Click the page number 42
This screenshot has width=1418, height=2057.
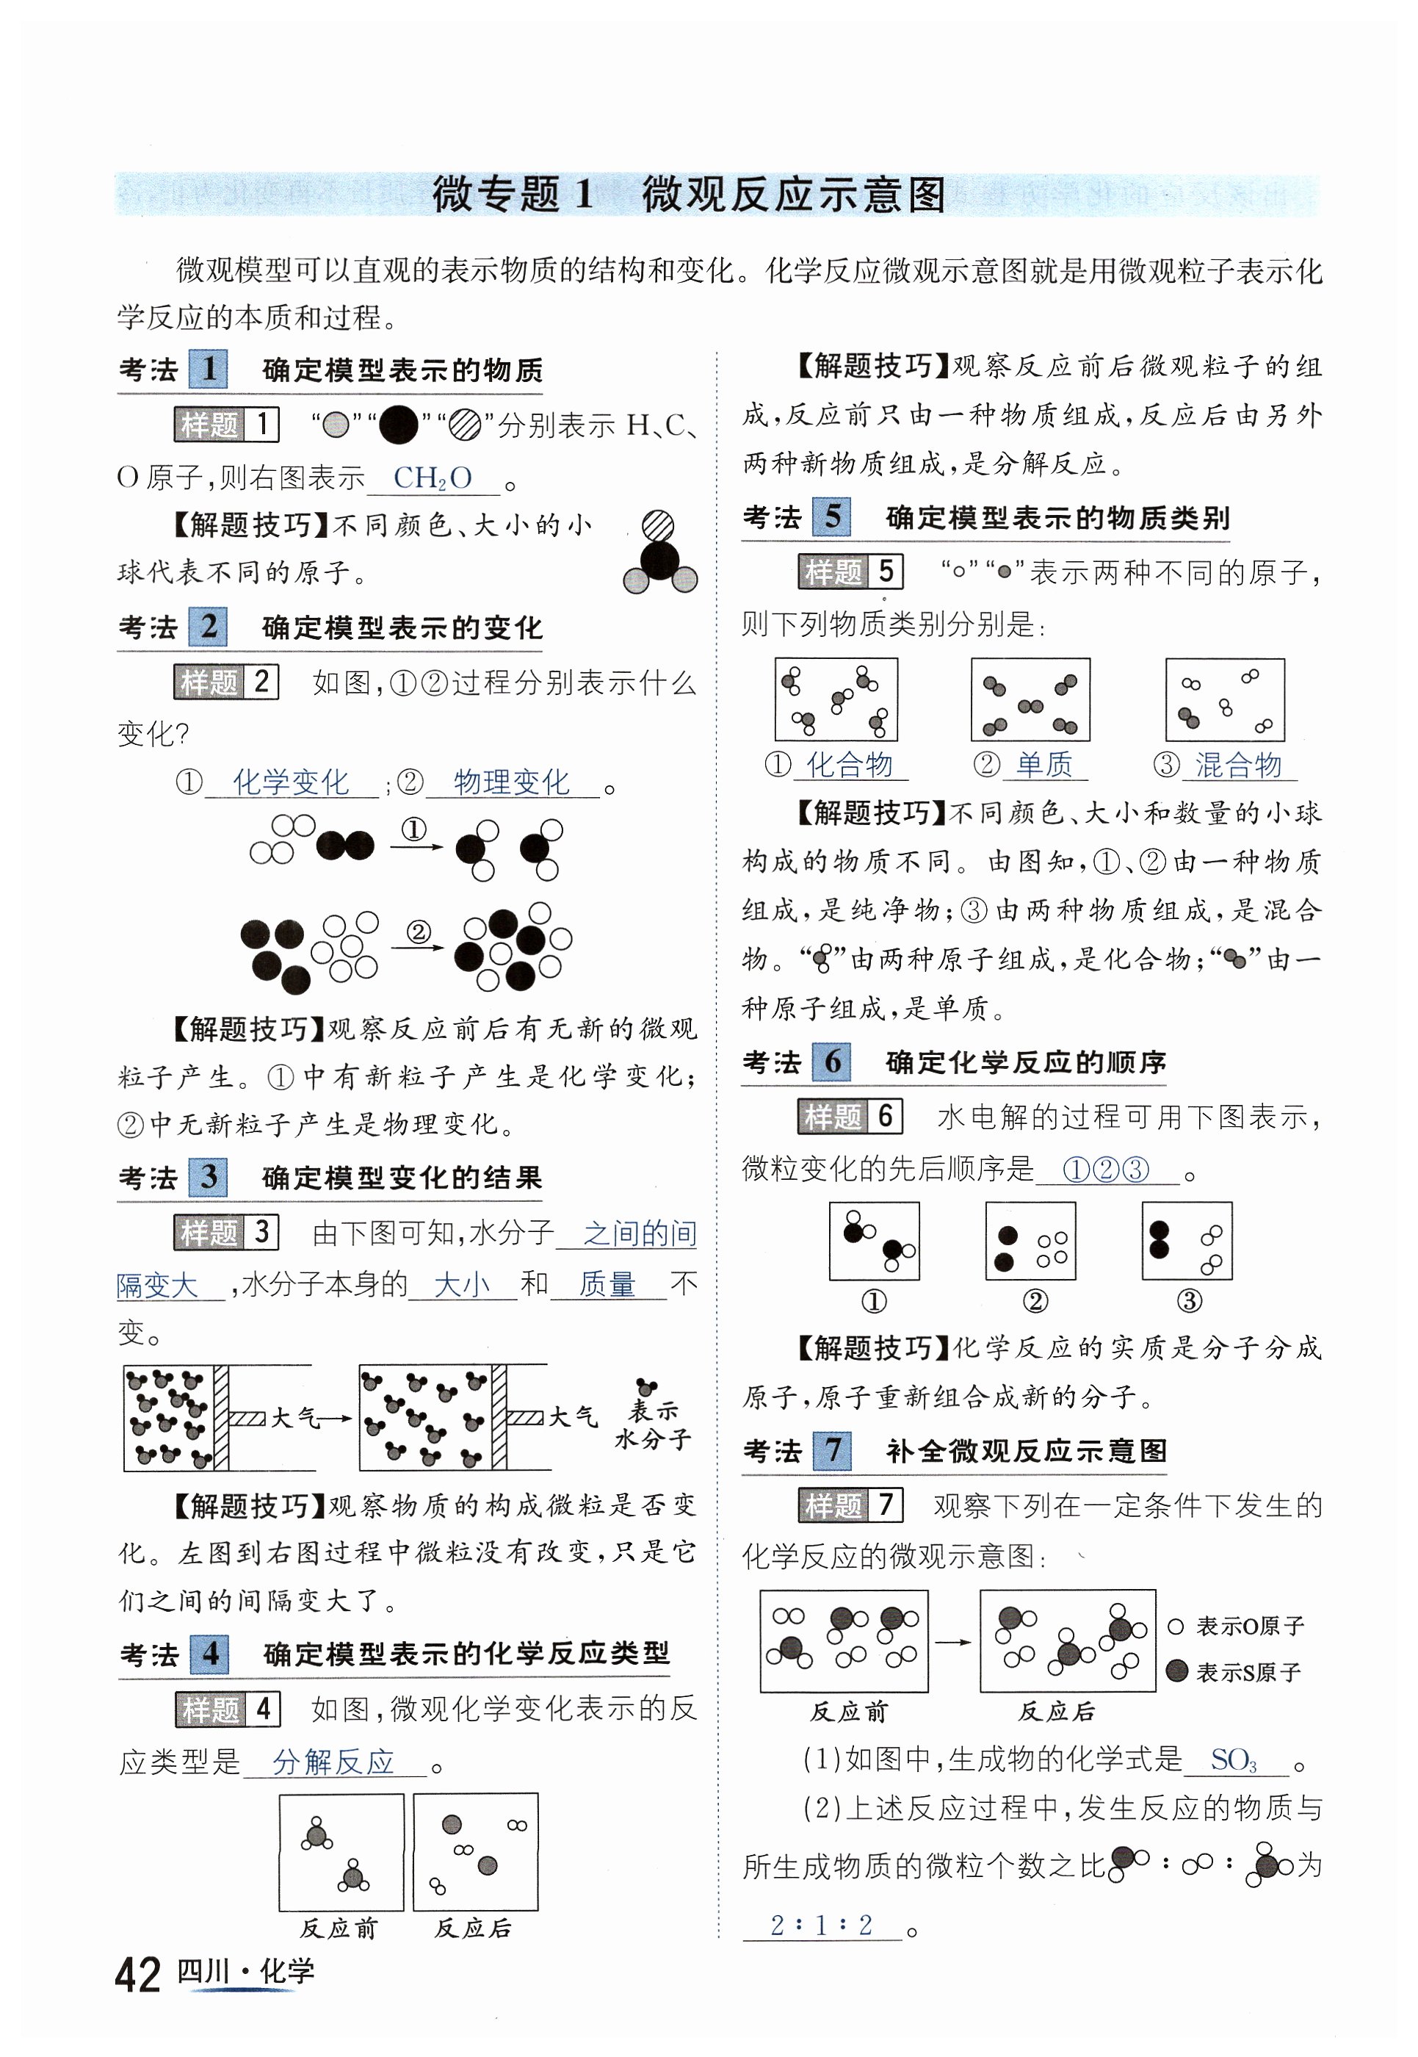(x=138, y=1975)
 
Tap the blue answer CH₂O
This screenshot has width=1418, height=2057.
(x=433, y=478)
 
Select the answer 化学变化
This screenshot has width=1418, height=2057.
(x=291, y=782)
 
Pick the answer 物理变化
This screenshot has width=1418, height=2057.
(x=512, y=782)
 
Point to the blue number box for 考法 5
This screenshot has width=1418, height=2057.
(x=831, y=516)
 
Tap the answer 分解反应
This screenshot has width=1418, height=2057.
(x=333, y=1761)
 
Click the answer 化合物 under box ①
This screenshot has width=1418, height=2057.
(x=848, y=765)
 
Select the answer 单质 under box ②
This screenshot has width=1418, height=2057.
(x=1044, y=765)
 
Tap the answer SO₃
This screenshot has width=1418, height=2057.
(x=1234, y=1759)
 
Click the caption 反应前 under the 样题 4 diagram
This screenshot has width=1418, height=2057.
(x=339, y=1928)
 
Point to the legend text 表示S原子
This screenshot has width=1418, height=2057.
(x=1248, y=1672)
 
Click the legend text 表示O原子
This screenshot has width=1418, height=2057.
(x=1250, y=1626)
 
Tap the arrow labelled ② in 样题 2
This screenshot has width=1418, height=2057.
(x=418, y=945)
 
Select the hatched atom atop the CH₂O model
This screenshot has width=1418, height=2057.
(x=657, y=526)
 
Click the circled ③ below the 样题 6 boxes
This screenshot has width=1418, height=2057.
(x=1189, y=1301)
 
